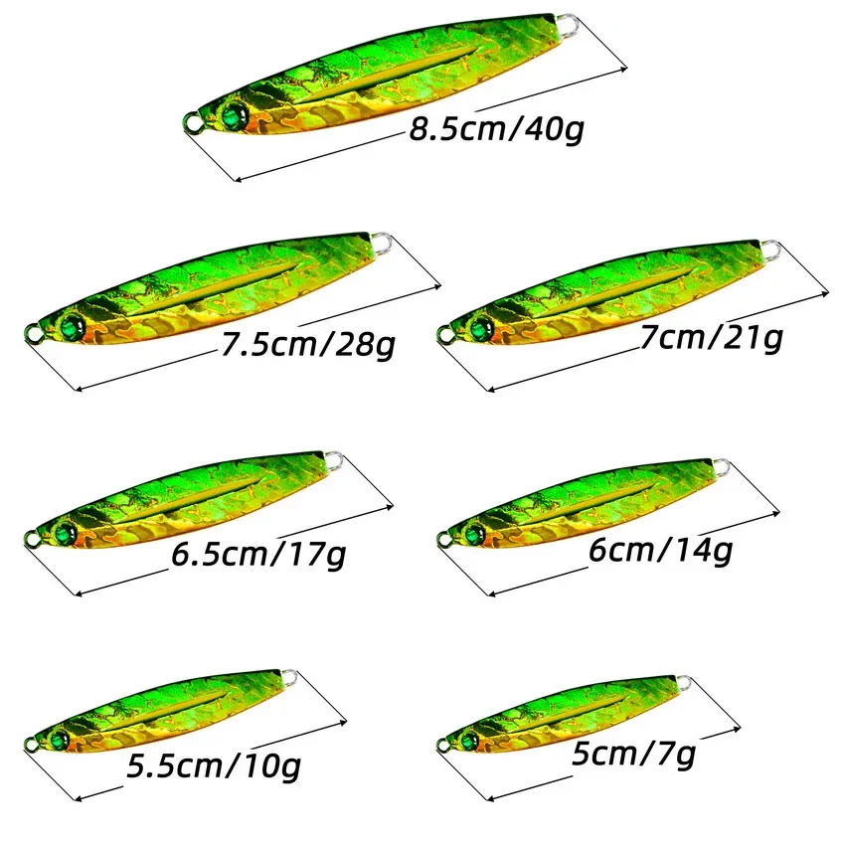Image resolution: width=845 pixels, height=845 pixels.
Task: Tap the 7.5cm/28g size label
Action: (309, 345)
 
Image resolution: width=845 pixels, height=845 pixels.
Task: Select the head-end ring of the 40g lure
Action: (190, 124)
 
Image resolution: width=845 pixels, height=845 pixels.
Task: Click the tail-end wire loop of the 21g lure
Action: (767, 245)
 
